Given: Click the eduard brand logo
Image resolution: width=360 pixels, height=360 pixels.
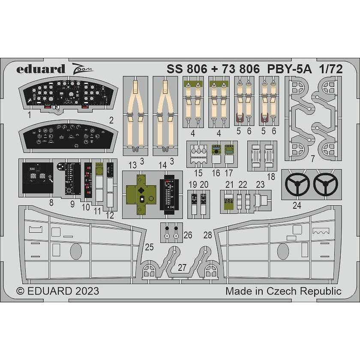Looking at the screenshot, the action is click(41, 69).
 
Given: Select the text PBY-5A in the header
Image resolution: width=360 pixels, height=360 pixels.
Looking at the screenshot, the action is click(290, 69).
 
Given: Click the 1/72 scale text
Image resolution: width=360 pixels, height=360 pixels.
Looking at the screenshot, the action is click(330, 69).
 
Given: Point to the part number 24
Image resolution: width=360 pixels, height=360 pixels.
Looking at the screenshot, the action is click(297, 205).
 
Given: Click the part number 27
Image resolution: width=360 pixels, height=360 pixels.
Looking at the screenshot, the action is click(182, 267).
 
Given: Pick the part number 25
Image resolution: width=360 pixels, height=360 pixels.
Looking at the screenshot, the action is click(149, 247).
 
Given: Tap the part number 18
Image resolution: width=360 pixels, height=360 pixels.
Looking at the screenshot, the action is click(271, 177).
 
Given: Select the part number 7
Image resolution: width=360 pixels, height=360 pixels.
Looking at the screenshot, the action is click(313, 159).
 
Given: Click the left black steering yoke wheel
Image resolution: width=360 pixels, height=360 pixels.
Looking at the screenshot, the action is click(297, 184).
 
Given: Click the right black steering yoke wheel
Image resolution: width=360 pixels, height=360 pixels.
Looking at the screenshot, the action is click(326, 184).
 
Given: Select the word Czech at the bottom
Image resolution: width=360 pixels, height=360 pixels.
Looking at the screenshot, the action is click(281, 291).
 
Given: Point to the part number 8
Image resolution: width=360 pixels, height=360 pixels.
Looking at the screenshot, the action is click(51, 202).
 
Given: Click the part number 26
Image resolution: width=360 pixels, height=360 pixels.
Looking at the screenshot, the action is click(188, 235).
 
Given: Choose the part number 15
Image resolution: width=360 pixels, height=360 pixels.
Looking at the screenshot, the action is click(198, 173).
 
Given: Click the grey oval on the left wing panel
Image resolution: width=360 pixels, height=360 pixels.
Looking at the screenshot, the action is click(76, 252).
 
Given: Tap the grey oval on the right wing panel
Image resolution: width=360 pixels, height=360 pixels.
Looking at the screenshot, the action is click(283, 252).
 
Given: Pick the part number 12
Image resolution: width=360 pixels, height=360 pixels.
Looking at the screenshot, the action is click(110, 215).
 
